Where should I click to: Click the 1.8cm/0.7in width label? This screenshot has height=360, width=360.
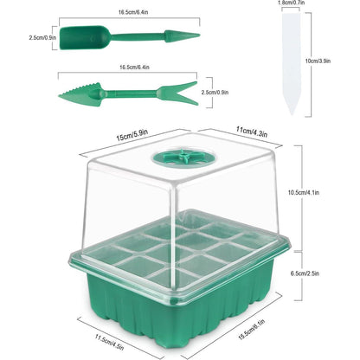click(291, 3)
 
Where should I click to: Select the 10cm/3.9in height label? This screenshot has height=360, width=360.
click(318, 61)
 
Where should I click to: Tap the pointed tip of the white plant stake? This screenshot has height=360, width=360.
click(292, 114)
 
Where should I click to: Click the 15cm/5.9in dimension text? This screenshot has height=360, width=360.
click(132, 135)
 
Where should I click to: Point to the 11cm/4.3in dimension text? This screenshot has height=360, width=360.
click(252, 132)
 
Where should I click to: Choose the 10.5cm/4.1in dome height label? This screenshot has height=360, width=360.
click(304, 192)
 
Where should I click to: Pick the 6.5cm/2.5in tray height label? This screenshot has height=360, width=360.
click(305, 273)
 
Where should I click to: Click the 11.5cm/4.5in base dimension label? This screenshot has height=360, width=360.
click(109, 342)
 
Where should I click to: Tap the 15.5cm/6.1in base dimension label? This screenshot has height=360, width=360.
click(251, 330)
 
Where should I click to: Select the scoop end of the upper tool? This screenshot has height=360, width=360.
click(85, 37)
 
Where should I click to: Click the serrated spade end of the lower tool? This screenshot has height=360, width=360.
click(80, 94)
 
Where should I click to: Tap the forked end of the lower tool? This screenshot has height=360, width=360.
click(178, 93)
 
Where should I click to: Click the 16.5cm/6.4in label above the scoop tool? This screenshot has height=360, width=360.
click(133, 12)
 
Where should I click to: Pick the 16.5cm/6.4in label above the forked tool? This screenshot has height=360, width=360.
click(134, 67)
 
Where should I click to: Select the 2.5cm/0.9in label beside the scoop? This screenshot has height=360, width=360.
click(42, 37)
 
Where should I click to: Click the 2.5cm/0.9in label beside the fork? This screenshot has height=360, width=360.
click(215, 93)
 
